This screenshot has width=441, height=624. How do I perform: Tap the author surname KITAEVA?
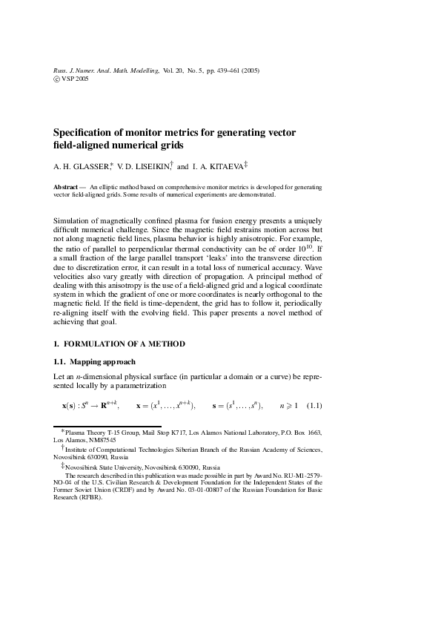[219, 167]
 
